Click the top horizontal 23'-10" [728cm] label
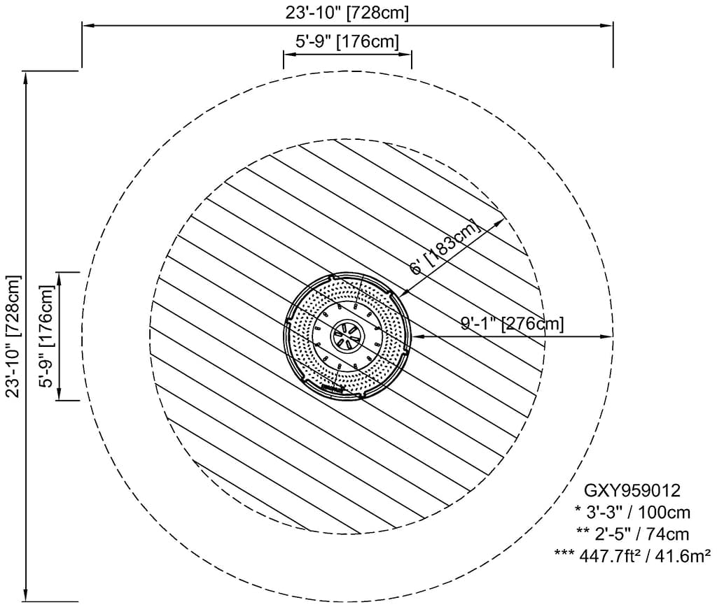[x=347, y=13]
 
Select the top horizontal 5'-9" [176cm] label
[x=347, y=41]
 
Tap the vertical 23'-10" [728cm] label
[x=14, y=336]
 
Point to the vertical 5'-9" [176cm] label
[x=48, y=336]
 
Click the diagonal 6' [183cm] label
[x=446, y=247]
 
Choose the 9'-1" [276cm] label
[x=512, y=323]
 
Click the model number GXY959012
[x=632, y=490]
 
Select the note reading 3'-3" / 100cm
[x=632, y=513]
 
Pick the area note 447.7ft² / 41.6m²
[x=632, y=555]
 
